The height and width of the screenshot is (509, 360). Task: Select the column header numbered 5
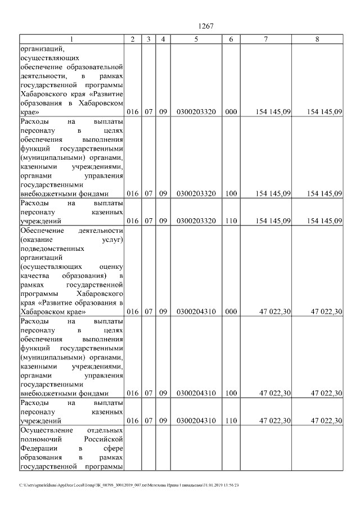point(196,39)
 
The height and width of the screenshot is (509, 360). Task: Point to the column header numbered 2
point(132,39)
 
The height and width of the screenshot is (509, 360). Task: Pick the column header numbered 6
point(231,39)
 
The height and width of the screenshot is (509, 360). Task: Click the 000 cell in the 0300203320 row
point(231,112)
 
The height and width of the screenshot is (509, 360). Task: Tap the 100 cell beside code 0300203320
point(231,193)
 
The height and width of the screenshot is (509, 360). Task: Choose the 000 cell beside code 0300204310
point(231,312)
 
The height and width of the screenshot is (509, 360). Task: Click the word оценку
point(111,266)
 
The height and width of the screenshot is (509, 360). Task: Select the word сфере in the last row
point(114,448)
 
